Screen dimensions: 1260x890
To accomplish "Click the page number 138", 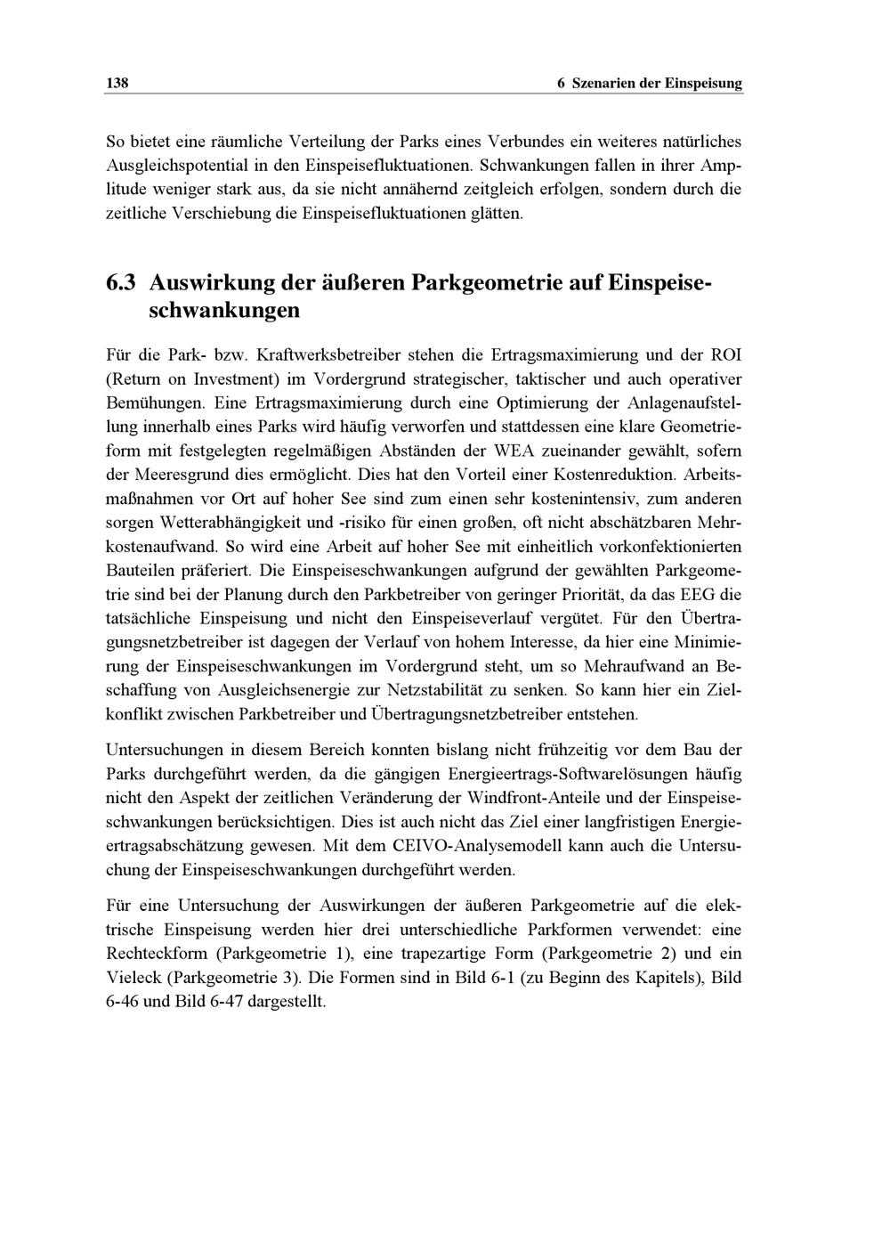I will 117,84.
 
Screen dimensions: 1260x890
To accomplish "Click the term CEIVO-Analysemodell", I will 436,844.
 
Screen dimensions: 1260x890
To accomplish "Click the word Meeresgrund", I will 178,475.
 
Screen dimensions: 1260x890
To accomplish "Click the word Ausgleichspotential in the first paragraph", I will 174,166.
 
